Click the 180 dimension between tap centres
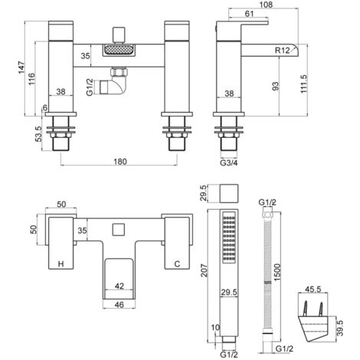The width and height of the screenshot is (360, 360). coord(119,162)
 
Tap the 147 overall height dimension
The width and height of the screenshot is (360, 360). coord(21,67)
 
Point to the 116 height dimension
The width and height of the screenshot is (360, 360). coord(31,79)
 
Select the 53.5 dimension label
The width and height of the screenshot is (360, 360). coord(38,134)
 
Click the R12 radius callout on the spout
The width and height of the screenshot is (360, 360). coord(283,51)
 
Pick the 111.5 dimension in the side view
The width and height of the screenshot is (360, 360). coord(304,84)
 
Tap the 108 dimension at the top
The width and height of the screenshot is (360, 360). coord(265,5)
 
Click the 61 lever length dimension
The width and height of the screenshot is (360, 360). coord(249,14)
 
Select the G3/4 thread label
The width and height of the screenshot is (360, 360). coord(229,162)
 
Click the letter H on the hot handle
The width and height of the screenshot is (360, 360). coord(61,263)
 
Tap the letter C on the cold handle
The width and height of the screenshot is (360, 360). coord(177,263)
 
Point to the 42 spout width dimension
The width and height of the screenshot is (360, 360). coord(119,286)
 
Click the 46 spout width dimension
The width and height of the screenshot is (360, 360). coord(119,304)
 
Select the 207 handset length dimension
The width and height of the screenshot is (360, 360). coord(205,270)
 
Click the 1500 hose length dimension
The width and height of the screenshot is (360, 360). coord(277,273)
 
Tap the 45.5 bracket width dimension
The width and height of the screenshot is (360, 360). coord(313,290)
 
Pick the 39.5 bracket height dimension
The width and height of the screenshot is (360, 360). coord(340,329)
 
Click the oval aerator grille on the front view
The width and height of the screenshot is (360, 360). coord(119,49)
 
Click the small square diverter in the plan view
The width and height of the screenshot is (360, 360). coord(119,229)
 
